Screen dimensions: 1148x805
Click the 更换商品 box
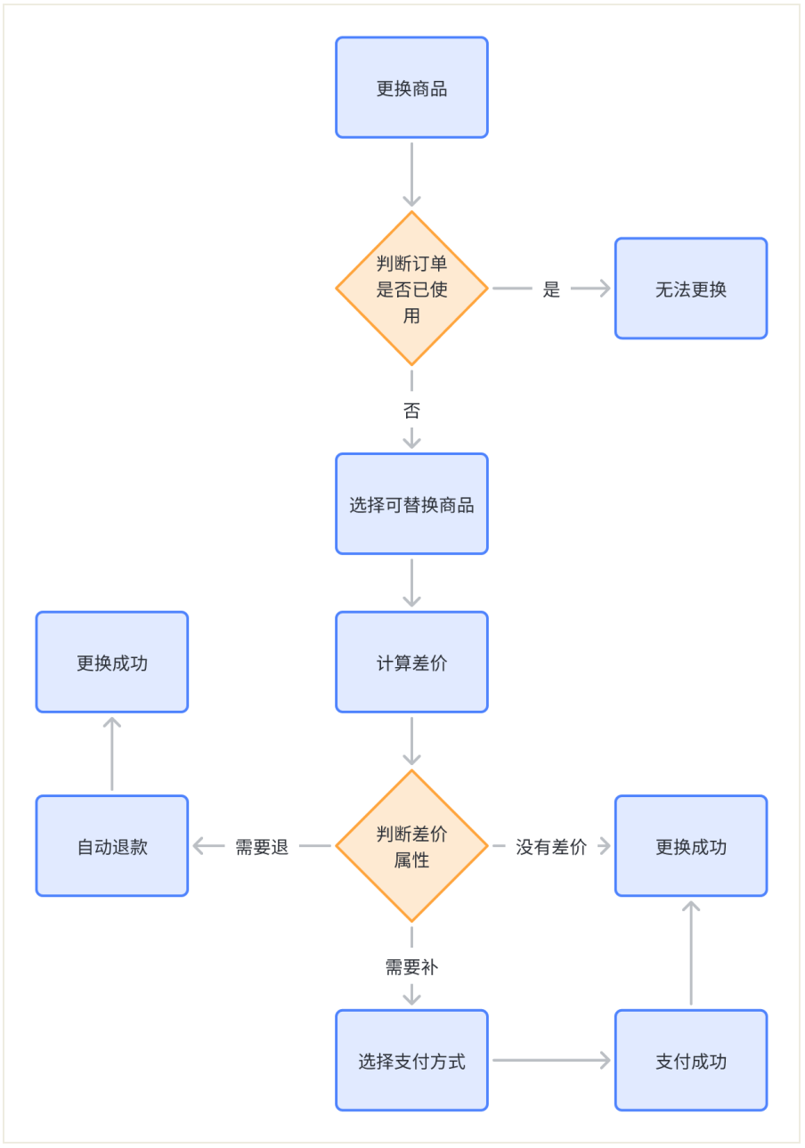pos(411,88)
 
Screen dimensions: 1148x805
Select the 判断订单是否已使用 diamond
pos(411,289)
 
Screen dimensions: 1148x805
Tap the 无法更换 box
pos(690,289)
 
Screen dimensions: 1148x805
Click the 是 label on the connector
pos(551,289)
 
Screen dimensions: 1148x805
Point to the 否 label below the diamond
pos(411,411)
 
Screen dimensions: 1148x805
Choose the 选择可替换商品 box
pos(411,504)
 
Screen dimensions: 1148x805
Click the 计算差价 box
pos(411,663)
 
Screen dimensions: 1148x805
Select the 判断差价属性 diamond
pos(411,846)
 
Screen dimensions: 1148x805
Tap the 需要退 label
pos(262,847)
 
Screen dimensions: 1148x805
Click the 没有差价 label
pos(551,847)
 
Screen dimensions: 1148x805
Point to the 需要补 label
pos(411,967)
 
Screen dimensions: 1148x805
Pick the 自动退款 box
pos(112,846)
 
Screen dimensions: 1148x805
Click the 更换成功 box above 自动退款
pos(112,663)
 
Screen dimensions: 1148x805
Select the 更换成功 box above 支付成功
pos(690,846)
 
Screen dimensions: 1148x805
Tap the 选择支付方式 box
pos(411,1061)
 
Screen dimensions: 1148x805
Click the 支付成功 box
pos(690,1061)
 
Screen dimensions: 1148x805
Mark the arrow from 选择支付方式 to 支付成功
pos(551,1060)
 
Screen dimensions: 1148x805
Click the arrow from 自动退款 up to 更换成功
pos(112,753)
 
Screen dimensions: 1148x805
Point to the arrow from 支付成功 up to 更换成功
pos(690,952)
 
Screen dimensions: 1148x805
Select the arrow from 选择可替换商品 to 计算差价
pos(411,582)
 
